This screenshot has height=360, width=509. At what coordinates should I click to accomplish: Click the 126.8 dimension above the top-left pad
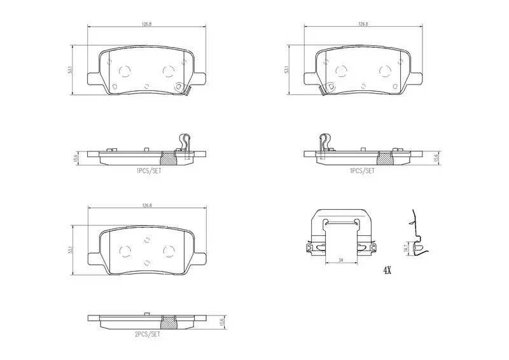(147, 24)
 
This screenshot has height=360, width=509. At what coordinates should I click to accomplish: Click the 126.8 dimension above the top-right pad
(363, 24)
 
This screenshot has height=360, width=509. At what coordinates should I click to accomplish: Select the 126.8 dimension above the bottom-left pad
(147, 205)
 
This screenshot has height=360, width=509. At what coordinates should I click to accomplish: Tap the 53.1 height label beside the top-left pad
(70, 70)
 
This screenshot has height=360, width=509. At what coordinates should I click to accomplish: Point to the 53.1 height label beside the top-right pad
(286, 70)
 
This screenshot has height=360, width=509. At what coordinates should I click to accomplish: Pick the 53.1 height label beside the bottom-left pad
(70, 250)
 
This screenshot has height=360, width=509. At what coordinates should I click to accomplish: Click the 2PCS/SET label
(148, 334)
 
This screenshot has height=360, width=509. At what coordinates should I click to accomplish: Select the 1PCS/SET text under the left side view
(149, 170)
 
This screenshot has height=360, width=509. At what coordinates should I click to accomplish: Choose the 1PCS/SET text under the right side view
(362, 170)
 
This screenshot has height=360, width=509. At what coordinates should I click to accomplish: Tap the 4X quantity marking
(387, 270)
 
